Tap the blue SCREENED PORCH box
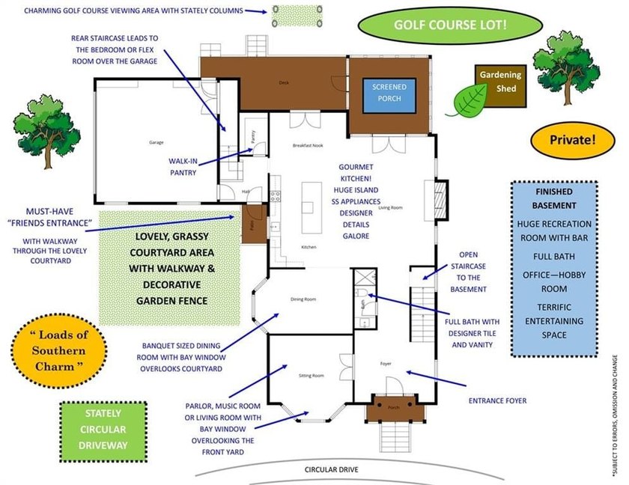(389, 94)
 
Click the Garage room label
(156, 142)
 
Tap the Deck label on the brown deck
(284, 82)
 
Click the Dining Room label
(303, 299)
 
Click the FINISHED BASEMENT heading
(554, 198)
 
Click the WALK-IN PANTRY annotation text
(183, 166)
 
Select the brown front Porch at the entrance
(394, 409)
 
